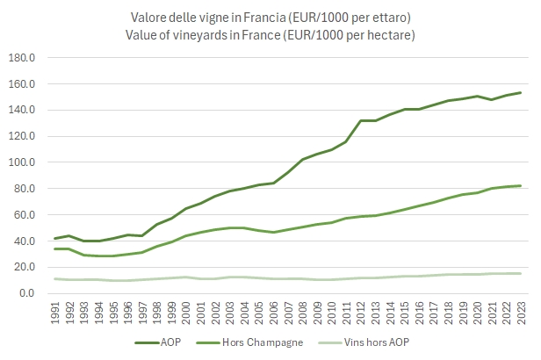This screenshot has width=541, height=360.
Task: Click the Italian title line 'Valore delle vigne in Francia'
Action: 284,18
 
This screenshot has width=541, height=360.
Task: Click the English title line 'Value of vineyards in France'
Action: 284,34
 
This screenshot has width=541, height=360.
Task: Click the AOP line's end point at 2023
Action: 520,92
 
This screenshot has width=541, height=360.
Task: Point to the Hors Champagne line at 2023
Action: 520,185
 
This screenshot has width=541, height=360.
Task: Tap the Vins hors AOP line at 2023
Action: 520,273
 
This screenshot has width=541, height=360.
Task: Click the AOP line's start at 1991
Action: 55,238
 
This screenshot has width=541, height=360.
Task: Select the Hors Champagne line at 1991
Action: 55,248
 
